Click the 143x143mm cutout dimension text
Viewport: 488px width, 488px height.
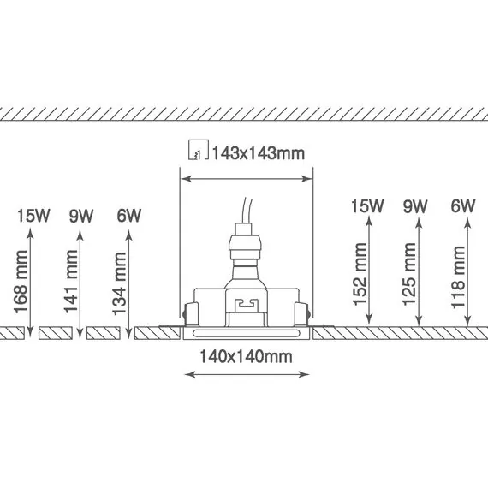point(259,153)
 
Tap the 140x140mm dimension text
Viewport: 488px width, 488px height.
point(246,357)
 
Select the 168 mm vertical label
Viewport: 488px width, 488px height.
point(21,282)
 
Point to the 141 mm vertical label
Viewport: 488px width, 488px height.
point(71,281)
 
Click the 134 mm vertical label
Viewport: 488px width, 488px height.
point(119,283)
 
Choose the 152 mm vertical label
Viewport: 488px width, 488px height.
point(360,274)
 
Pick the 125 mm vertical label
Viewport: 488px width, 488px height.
point(408,274)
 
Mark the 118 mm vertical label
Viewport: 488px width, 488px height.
point(458,277)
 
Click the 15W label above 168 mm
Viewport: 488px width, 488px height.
point(33,216)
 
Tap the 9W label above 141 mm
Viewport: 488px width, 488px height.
point(81,216)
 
